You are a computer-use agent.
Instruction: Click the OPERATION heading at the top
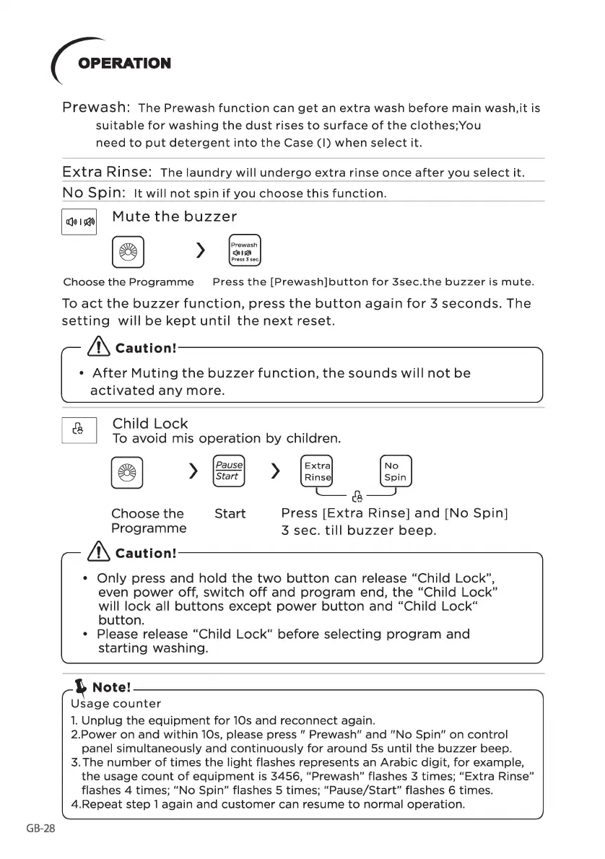click(x=124, y=63)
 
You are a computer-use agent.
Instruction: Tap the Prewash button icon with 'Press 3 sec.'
click(x=244, y=251)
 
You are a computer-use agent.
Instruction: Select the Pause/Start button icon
click(x=229, y=471)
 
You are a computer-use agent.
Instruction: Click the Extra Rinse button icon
click(x=317, y=471)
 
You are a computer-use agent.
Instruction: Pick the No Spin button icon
click(x=395, y=471)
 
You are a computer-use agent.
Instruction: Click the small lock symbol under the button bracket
click(x=356, y=497)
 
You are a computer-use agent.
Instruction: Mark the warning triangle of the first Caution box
click(x=97, y=348)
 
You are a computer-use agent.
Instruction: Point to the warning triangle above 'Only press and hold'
click(x=97, y=553)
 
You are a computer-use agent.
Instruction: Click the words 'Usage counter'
click(x=116, y=704)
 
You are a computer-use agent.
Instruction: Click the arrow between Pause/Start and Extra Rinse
click(x=275, y=471)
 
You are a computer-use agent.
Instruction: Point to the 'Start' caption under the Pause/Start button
click(x=230, y=514)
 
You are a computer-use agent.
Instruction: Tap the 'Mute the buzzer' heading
click(x=174, y=217)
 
